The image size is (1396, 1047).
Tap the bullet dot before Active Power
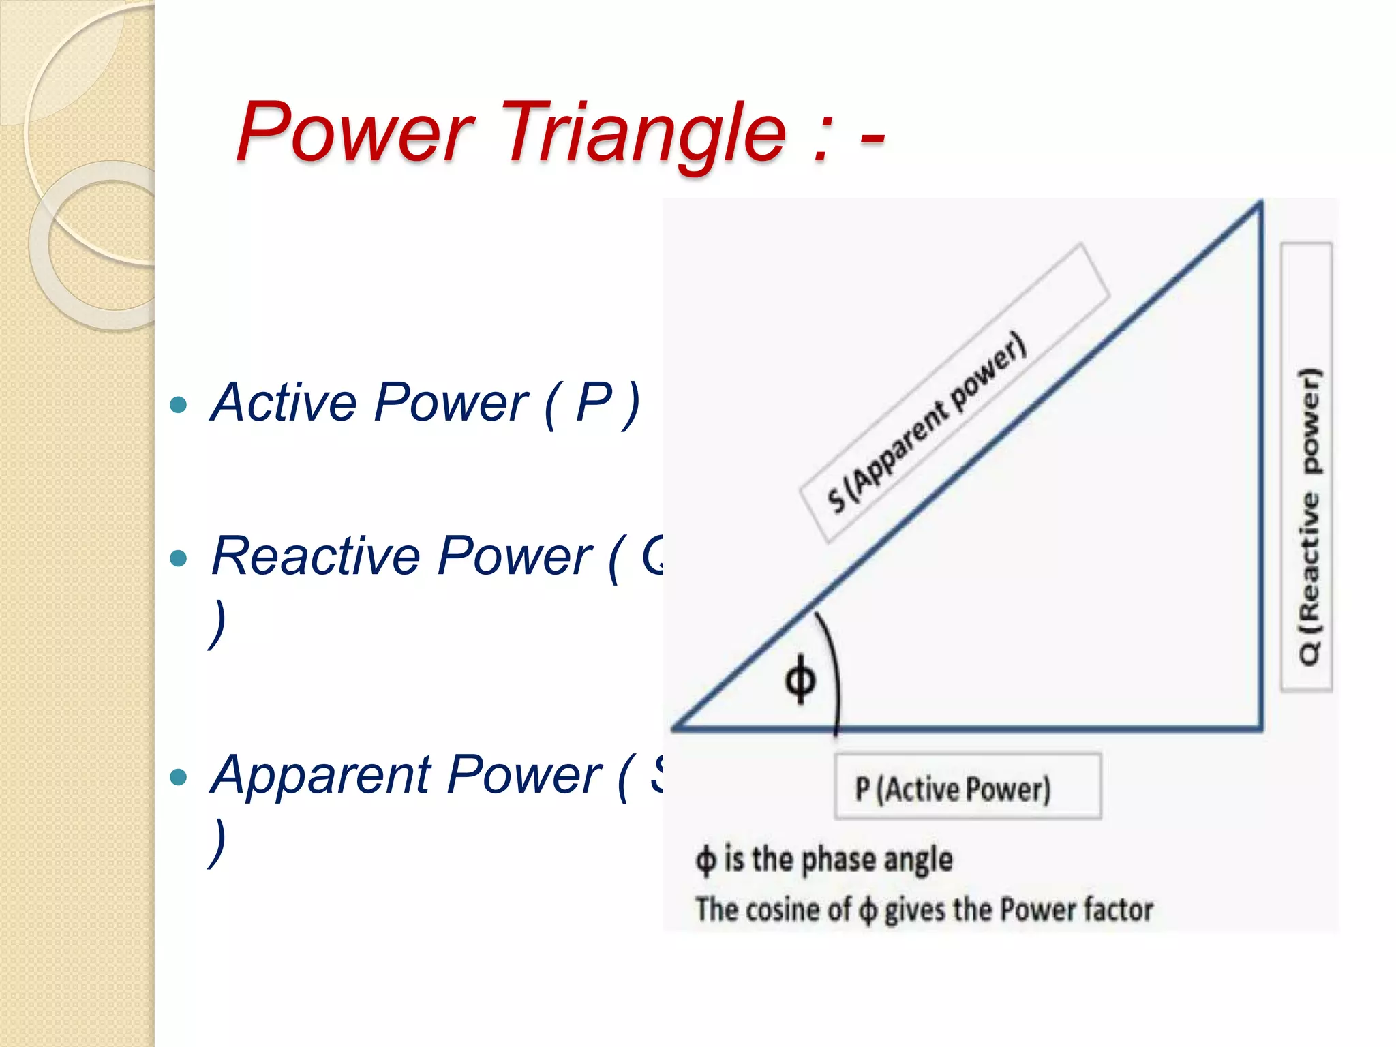tap(178, 406)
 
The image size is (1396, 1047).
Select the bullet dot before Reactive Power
tap(178, 559)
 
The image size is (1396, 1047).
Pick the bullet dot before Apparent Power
tap(178, 777)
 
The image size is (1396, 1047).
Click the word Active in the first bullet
tap(284, 402)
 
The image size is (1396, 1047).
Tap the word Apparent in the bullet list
tap(321, 775)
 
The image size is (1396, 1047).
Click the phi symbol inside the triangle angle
tap(800, 678)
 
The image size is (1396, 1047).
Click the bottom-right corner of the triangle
tap(1260, 728)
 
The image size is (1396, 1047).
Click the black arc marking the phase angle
tap(834, 668)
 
